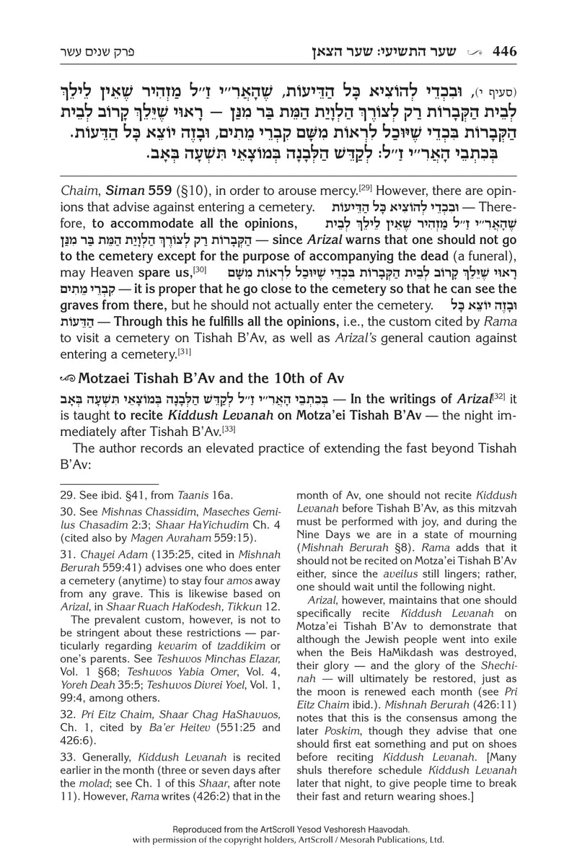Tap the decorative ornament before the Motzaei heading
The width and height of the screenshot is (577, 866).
66,379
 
